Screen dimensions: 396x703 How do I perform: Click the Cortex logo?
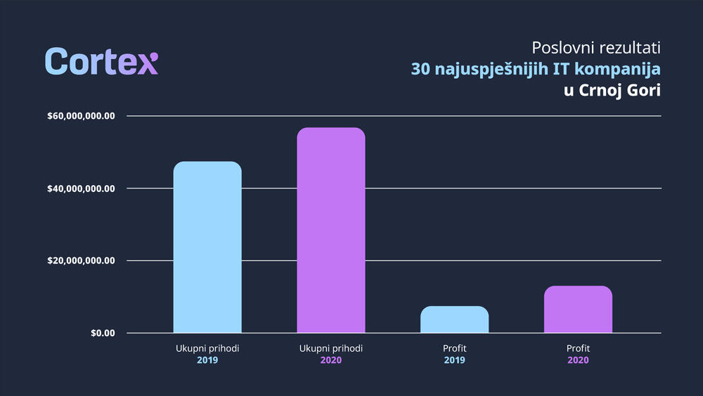click(101, 62)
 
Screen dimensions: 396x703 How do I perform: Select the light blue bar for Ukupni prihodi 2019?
click(207, 247)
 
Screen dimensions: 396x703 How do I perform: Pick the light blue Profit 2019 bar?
click(454, 319)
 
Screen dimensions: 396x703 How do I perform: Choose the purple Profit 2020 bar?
click(578, 309)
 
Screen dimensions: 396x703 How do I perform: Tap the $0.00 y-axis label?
click(103, 333)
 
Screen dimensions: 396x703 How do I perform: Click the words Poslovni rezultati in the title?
click(597, 48)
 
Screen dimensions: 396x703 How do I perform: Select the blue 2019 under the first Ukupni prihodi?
click(207, 360)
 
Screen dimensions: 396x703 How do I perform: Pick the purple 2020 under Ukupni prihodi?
click(331, 360)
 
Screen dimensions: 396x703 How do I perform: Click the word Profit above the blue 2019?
click(455, 348)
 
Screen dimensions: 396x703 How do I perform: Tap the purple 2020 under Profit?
click(578, 360)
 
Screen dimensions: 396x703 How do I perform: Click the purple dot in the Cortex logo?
click(155, 56)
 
